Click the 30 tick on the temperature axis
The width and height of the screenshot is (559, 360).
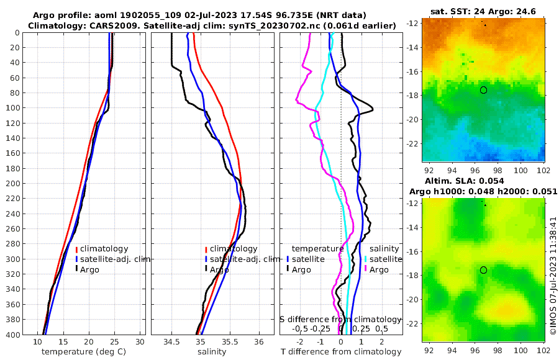pos(140,342)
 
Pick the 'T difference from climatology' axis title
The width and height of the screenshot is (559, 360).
pos(340,352)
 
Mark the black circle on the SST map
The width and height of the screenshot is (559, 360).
pos(483,90)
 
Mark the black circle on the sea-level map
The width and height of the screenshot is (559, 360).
pos(483,270)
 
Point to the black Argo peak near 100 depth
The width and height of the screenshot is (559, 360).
pos(371,110)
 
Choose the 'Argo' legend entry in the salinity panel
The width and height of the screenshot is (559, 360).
pos(219,269)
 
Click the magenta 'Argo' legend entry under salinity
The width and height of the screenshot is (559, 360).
pos(379,269)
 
